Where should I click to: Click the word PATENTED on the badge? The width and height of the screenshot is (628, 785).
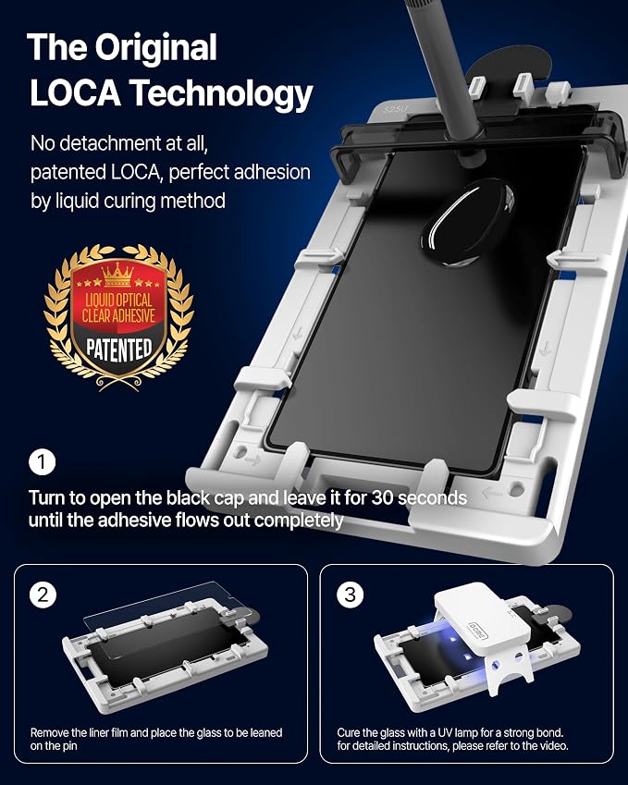point(118,349)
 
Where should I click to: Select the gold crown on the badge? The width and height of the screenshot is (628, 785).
point(118,274)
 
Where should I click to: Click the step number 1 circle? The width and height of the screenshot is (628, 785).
point(42,462)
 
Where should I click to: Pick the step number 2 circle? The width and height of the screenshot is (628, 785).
point(43,595)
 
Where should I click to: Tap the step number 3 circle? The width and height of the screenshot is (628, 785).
point(350,595)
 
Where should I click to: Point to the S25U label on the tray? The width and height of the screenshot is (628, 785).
point(394,108)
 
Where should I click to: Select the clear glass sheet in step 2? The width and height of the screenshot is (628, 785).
point(161,617)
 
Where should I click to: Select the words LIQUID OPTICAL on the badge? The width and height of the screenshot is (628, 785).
point(118,301)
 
